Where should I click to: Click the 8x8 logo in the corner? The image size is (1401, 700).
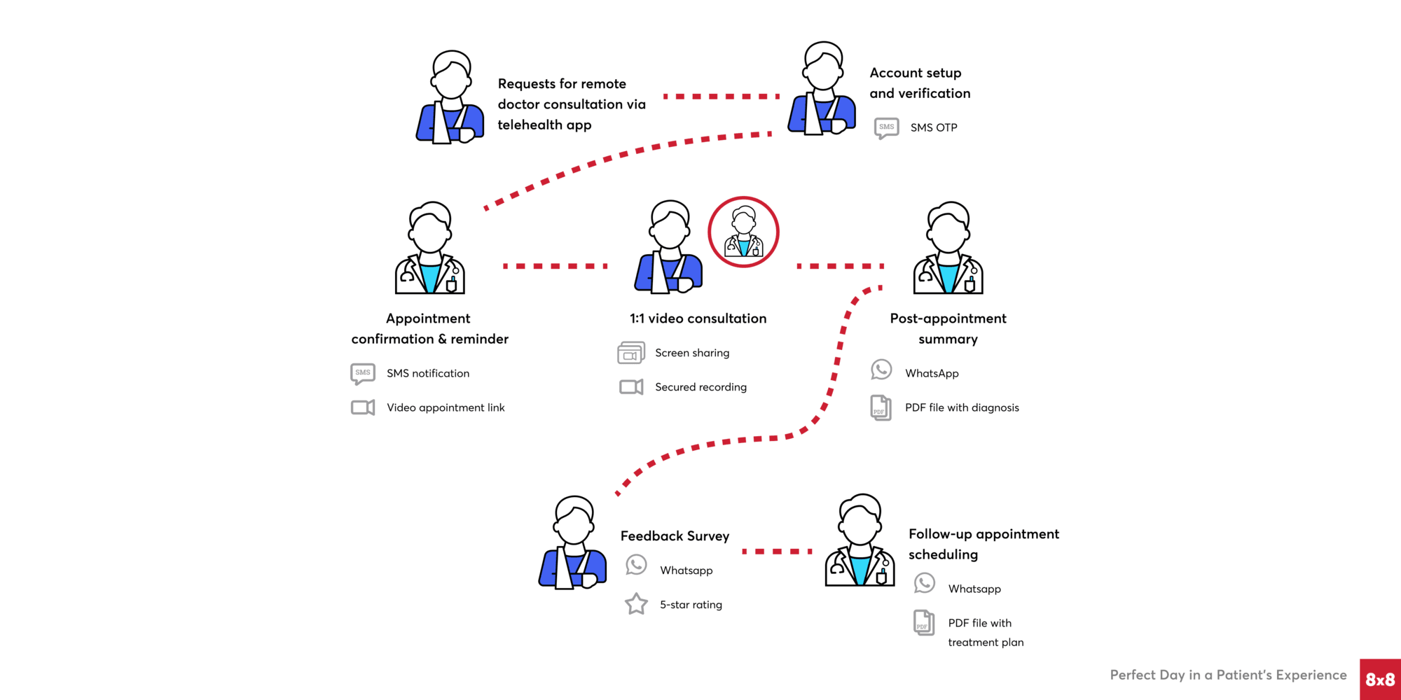pos(1380,679)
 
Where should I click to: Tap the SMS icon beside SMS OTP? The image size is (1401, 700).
pos(886,128)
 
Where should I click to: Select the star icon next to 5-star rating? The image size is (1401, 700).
pos(636,603)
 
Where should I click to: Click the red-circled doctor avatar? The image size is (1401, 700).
pos(743,232)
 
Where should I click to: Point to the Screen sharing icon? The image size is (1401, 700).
pos(630,353)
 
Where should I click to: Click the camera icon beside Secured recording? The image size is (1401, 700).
pos(631,387)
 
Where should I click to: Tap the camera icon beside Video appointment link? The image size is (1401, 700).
pos(362,407)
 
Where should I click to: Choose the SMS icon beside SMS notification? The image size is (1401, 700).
pos(362,374)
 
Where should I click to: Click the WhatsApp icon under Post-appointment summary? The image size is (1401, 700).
pos(881,370)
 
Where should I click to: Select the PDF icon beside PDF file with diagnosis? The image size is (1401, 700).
pos(881,407)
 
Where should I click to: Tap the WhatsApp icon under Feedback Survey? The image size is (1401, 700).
pos(636,565)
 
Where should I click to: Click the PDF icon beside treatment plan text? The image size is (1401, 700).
pos(924,622)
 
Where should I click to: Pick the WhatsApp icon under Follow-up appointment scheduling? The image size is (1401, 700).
pos(924,583)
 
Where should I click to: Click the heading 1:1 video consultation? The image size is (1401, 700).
pos(698,318)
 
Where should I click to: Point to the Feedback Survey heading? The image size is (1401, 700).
pos(675,536)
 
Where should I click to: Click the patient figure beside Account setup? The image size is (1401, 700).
pos(822,89)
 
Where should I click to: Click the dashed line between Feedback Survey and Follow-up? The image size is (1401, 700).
pos(776,552)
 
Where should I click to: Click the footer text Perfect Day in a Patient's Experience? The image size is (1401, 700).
pos(1228,675)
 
